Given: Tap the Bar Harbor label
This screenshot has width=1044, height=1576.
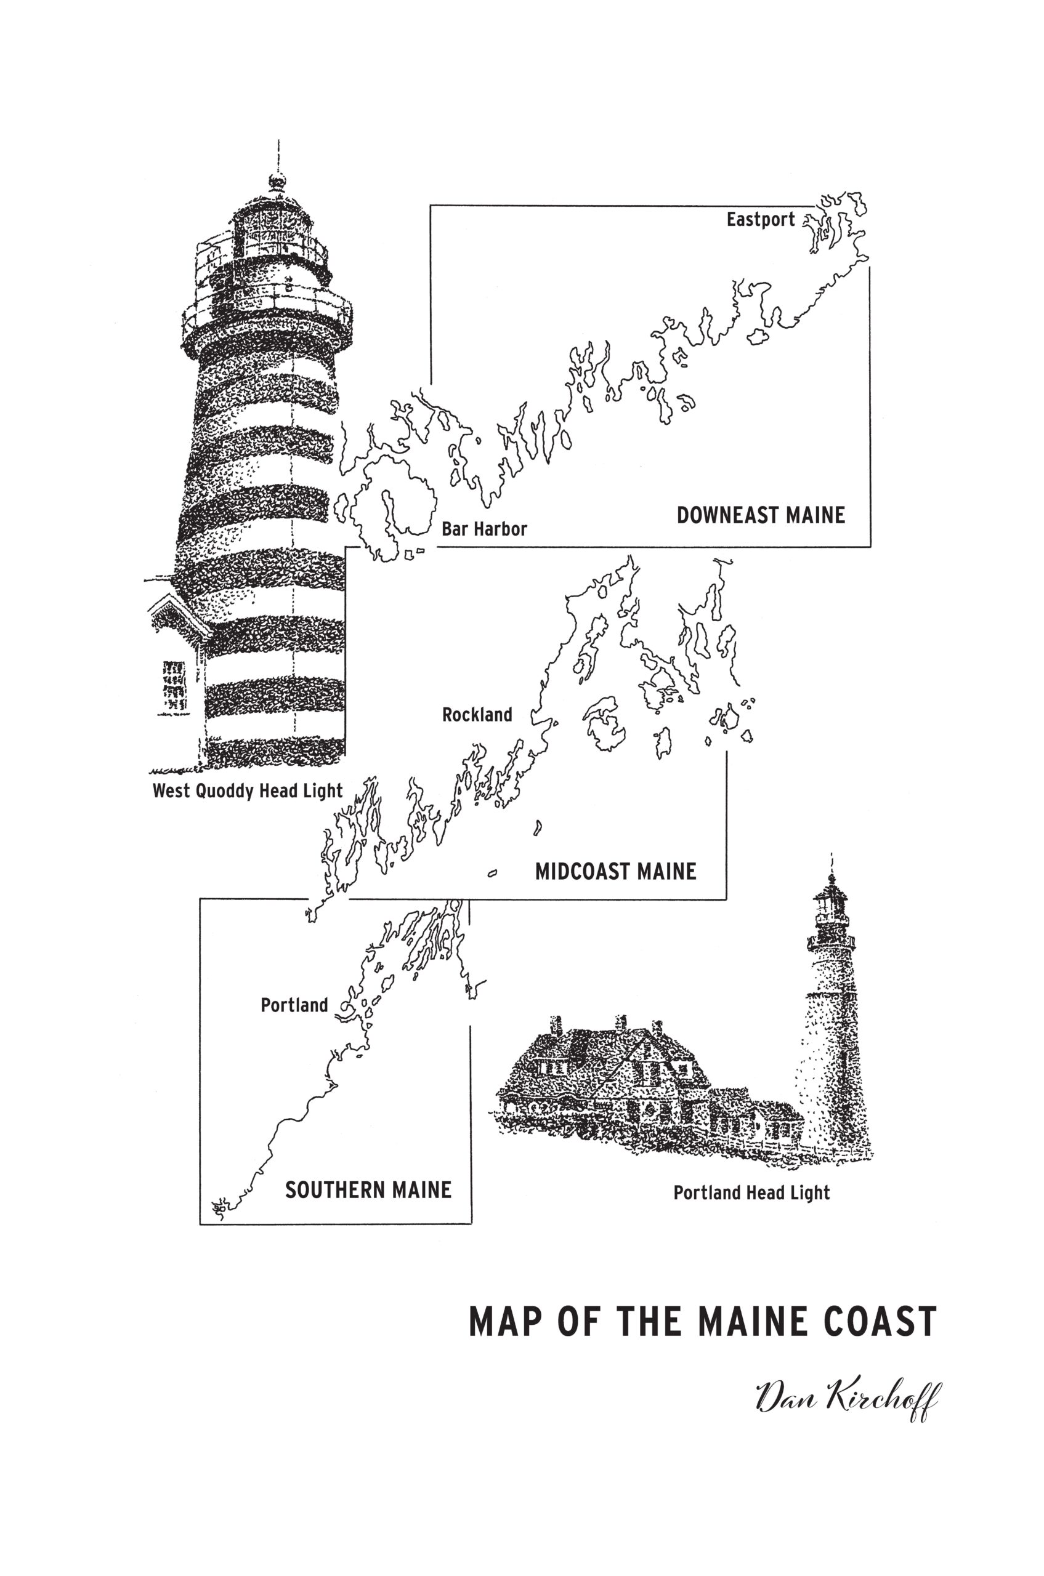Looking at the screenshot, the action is [x=484, y=529].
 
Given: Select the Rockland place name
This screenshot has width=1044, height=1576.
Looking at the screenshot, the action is [x=477, y=715].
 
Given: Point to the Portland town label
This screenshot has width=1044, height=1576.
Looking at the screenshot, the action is [x=294, y=1004].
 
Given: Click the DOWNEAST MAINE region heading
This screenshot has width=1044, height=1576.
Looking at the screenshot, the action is [x=761, y=515].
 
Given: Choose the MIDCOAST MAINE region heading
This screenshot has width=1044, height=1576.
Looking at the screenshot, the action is [x=616, y=871].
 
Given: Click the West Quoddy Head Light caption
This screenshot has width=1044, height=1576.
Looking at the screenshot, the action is [x=248, y=791].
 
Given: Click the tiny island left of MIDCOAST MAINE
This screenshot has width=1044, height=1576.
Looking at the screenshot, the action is [x=493, y=873].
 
